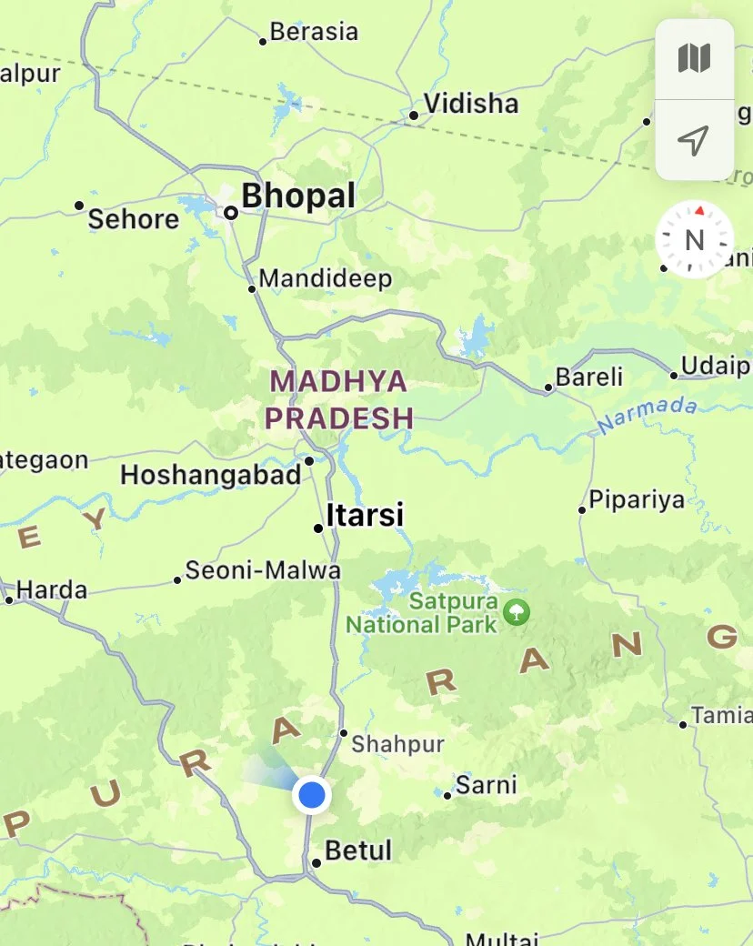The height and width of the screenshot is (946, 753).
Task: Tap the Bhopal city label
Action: pos(297,196)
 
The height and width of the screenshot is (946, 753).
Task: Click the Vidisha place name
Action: pos(471,104)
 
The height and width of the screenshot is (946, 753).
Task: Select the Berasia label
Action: pos(314,32)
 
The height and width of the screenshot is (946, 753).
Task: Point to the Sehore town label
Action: pos(134,219)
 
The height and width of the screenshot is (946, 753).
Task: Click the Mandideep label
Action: pos(326,278)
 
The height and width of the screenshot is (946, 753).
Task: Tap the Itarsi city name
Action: pos(365,515)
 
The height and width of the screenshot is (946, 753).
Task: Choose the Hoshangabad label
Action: pos(210,475)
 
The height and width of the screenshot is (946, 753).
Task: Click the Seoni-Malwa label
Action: pos(263,570)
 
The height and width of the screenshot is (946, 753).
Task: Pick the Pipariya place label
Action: pos(638,500)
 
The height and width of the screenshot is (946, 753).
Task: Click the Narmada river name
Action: pos(647,415)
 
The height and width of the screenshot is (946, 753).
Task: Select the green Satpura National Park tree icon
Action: pos(517,611)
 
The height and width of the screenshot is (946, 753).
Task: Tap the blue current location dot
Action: pos(312,794)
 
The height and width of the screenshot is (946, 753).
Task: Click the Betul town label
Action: pos(358,850)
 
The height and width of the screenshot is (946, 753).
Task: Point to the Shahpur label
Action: pos(397,744)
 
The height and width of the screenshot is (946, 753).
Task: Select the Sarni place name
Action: pos(487,784)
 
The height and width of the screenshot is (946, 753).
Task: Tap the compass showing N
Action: pos(695,240)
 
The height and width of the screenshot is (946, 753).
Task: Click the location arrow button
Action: pos(694,140)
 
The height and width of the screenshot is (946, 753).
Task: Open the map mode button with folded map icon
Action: pos(694,59)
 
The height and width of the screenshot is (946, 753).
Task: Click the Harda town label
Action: pos(52,589)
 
